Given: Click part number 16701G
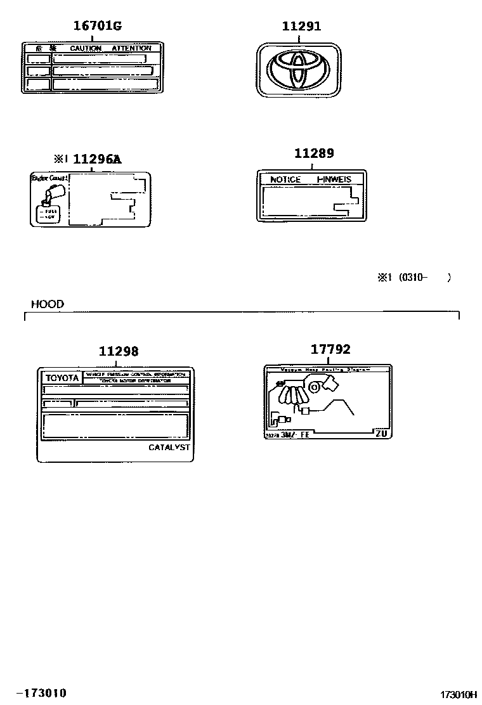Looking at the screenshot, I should click(x=97, y=26).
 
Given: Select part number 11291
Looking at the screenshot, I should click(x=302, y=26).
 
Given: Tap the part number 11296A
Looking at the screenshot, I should click(x=96, y=159).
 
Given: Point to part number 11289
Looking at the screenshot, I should click(x=314, y=153).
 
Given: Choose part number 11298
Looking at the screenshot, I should click(x=119, y=351).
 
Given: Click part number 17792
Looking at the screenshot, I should click(x=330, y=349).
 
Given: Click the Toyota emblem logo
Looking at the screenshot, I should click(x=297, y=70).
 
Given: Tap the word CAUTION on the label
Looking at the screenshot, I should click(x=86, y=48).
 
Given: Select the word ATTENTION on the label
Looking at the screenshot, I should click(x=131, y=48).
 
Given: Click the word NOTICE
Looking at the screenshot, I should click(x=285, y=179).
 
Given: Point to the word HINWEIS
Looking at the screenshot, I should click(x=334, y=179).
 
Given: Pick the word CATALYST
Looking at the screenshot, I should click(x=169, y=447).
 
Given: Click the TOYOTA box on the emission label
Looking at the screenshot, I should click(x=62, y=378).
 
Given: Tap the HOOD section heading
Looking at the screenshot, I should click(x=48, y=304).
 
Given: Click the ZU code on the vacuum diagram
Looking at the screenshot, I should click(x=381, y=434).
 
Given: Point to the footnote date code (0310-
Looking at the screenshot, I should click(x=413, y=277).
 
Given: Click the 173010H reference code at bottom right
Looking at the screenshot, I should click(x=459, y=695).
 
